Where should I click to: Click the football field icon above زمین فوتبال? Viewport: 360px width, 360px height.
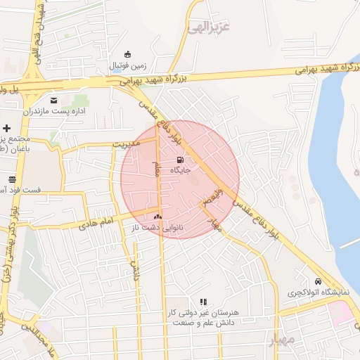pyautogui.click(x=127, y=54)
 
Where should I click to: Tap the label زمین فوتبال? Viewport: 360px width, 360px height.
pyautogui.click(x=127, y=65)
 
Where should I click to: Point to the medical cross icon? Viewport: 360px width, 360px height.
pyautogui.click(x=7, y=128)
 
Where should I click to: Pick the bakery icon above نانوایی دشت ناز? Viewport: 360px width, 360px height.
pyautogui.click(x=157, y=217)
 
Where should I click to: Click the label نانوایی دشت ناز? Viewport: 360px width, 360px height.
pyautogui.click(x=153, y=228)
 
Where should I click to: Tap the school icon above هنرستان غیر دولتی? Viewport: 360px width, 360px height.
pyautogui.click(x=204, y=301)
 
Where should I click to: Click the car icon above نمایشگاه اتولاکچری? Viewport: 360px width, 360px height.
pyautogui.click(x=319, y=280)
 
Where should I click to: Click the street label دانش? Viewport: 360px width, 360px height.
pyautogui.click(x=134, y=267)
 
